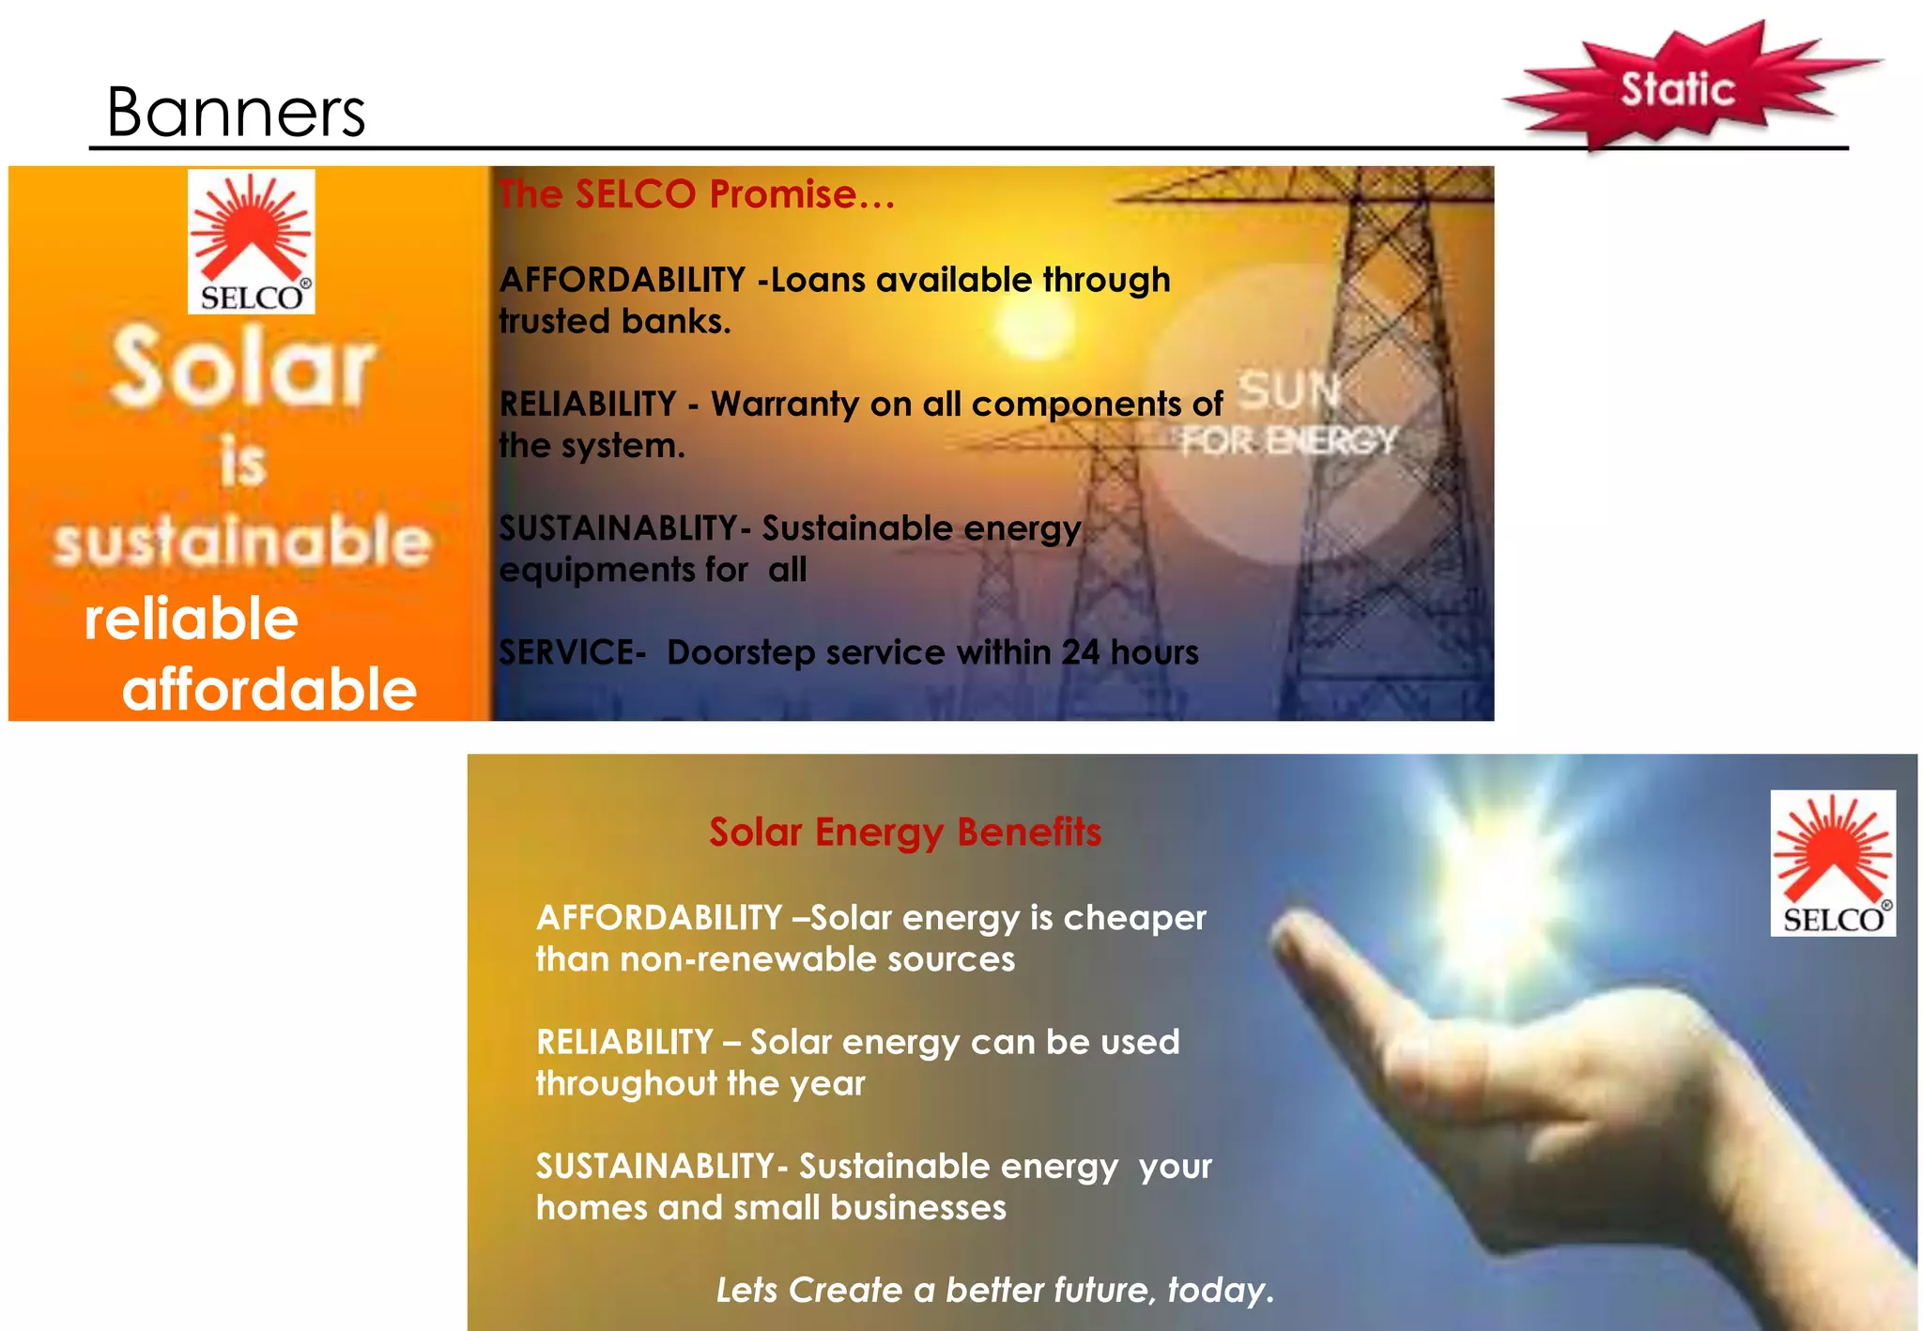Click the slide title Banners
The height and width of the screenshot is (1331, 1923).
tap(236, 113)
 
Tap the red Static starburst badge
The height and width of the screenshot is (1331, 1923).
tap(1678, 88)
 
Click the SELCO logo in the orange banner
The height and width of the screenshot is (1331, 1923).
tap(252, 241)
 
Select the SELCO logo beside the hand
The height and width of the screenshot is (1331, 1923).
tap(1833, 863)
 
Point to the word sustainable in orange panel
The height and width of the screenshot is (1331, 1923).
tap(242, 542)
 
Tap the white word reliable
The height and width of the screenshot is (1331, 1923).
tap(192, 619)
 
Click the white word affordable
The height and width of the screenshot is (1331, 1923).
tap(269, 689)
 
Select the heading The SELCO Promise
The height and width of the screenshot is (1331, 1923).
tap(696, 194)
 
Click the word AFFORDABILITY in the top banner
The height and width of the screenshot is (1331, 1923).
tap(622, 280)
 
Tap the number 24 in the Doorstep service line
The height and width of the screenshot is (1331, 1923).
tap(1081, 652)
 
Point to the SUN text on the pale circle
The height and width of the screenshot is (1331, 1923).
tap(1289, 390)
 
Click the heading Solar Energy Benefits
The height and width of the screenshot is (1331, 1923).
tap(905, 832)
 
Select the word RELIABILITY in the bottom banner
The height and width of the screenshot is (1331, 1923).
tap(624, 1042)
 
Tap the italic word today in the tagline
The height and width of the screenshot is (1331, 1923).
tap(1216, 1290)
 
